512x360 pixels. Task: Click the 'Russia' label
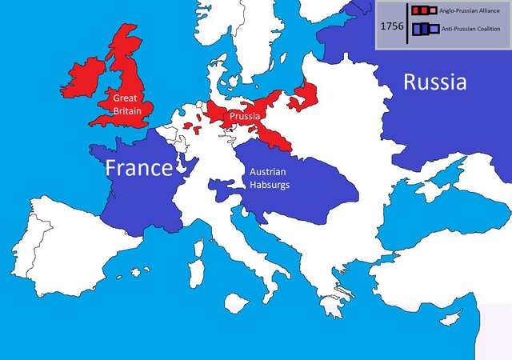click(x=434, y=82)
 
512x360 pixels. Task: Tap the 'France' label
click(x=139, y=168)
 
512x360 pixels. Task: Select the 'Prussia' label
click(x=244, y=117)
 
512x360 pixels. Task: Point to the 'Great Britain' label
click(x=128, y=105)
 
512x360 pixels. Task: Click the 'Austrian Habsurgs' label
click(x=269, y=178)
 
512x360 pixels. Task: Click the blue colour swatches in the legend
click(x=425, y=30)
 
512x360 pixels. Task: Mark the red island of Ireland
click(x=85, y=78)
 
